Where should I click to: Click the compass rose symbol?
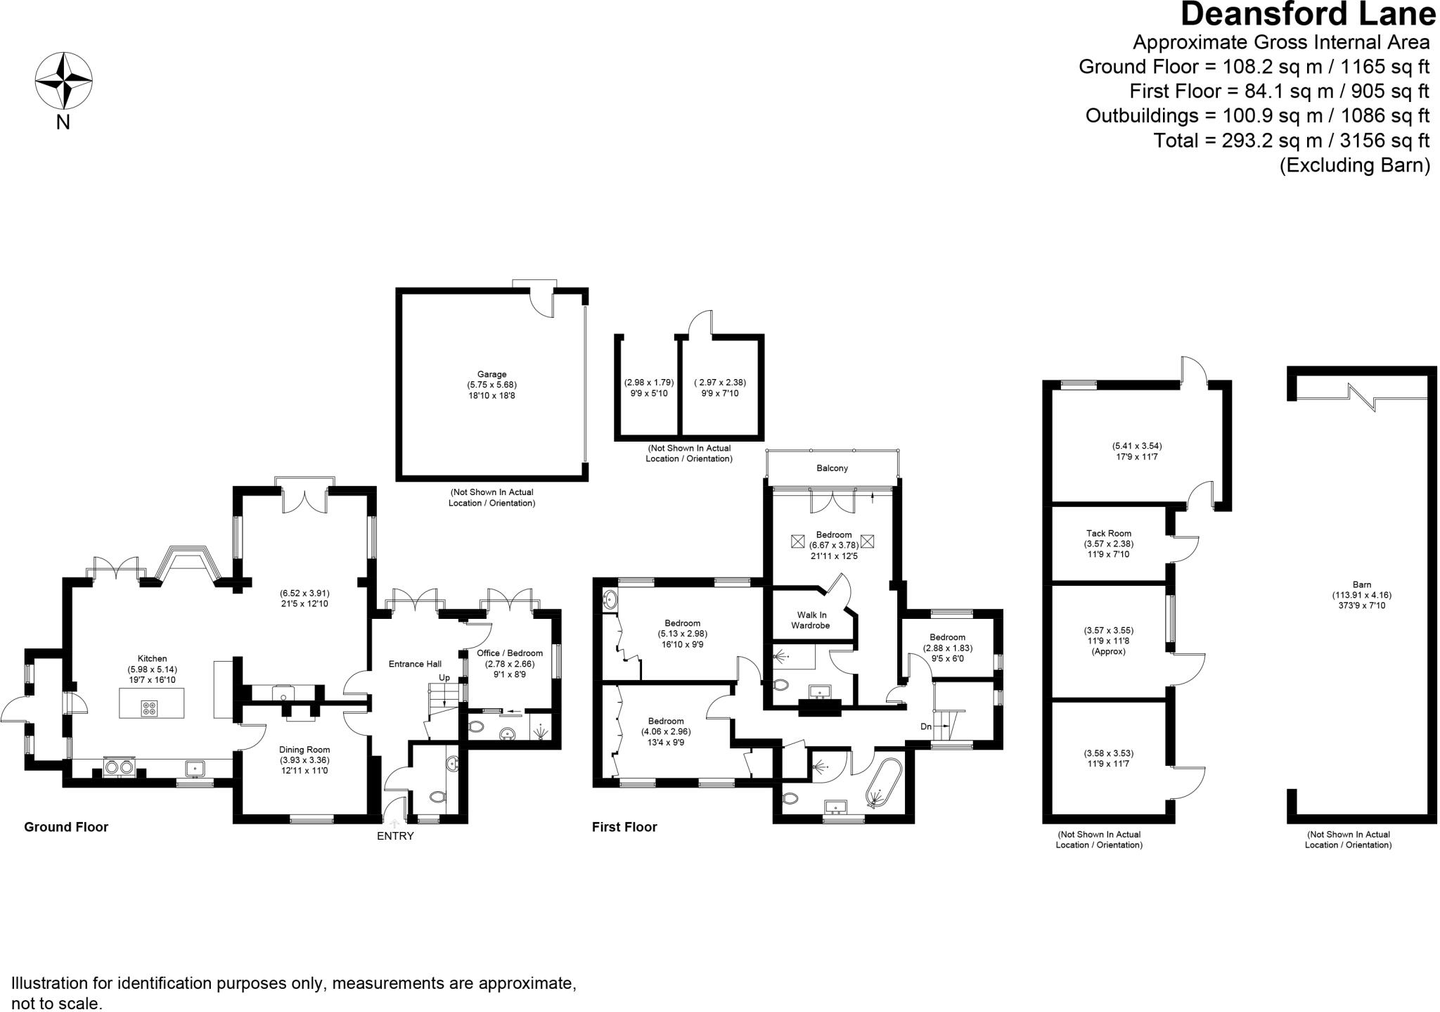click(x=64, y=81)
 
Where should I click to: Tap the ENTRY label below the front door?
click(x=395, y=836)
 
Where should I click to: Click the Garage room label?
click(x=491, y=374)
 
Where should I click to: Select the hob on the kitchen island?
click(x=150, y=708)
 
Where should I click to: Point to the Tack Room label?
click(x=1109, y=533)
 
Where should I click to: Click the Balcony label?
click(x=832, y=468)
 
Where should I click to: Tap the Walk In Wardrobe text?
click(x=811, y=620)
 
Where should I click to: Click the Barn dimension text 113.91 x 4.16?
click(x=1361, y=594)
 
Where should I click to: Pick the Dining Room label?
click(x=304, y=750)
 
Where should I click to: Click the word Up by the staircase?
click(x=444, y=677)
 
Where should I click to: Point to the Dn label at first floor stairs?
click(x=926, y=726)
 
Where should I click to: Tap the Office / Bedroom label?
click(x=510, y=653)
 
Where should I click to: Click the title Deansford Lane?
click(x=1308, y=15)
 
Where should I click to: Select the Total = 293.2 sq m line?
click(x=1291, y=141)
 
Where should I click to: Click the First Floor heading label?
click(x=624, y=827)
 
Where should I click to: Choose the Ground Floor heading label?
click(x=66, y=827)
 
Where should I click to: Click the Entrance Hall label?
click(x=415, y=663)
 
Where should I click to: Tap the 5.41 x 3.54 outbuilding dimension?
click(x=1131, y=446)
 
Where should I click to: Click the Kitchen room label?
click(x=152, y=659)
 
